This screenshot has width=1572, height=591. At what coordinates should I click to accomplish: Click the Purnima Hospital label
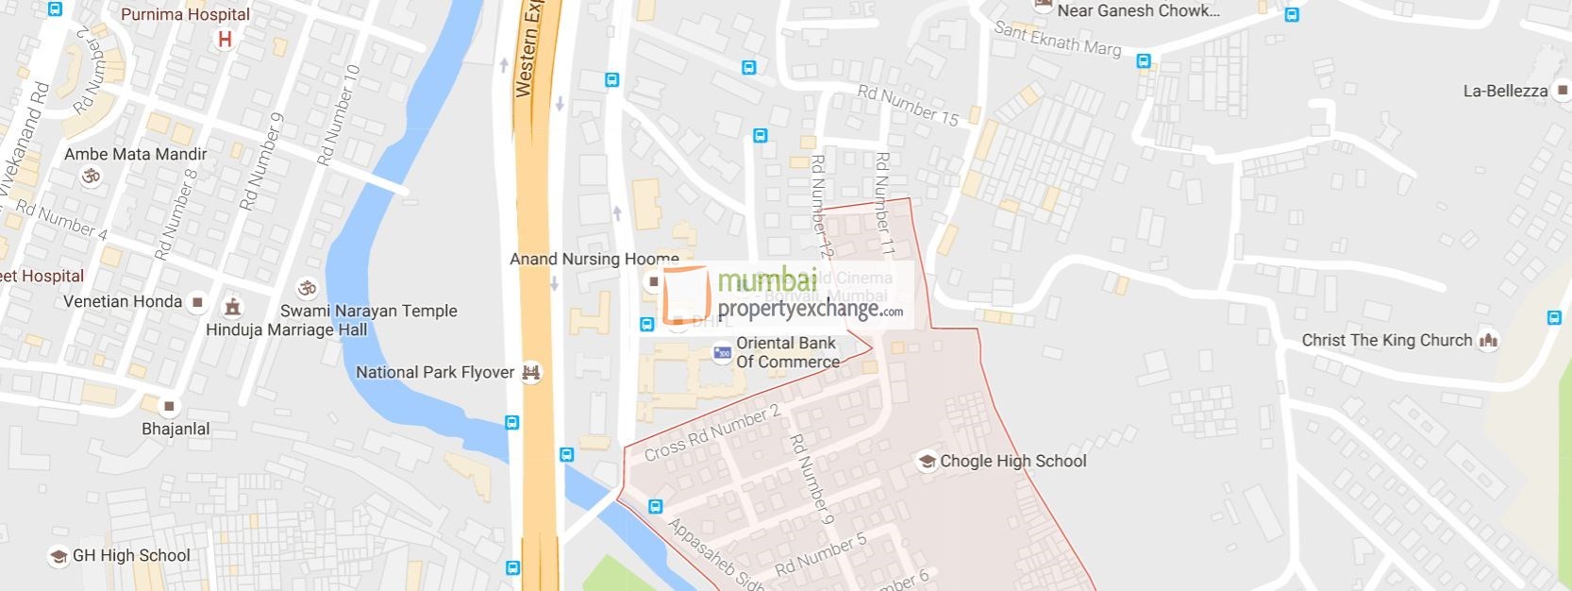coord(185,15)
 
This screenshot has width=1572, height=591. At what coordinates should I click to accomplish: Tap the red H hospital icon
coord(225,40)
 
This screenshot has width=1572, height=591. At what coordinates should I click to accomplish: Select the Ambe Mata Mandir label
coord(135,154)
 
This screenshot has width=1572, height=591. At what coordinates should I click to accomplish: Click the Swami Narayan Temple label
coord(368,311)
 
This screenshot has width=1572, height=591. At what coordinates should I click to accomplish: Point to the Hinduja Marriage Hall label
coord(273,329)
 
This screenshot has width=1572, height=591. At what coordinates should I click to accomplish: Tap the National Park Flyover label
coord(435,372)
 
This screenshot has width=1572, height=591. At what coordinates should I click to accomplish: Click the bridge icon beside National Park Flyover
coord(531,372)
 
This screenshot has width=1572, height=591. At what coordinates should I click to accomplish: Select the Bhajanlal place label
coord(176,429)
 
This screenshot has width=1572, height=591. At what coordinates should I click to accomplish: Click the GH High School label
coord(131,555)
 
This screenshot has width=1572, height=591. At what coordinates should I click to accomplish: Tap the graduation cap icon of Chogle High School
coord(927,461)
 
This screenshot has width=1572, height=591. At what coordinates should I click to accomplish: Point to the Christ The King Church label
coord(1386,340)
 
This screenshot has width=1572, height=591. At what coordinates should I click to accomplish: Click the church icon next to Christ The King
coord(1488,340)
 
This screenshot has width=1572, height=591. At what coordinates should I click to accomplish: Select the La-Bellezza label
coord(1505,91)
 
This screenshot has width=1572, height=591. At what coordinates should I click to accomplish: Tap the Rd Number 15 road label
coord(907,104)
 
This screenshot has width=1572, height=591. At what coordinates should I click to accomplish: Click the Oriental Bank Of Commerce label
coord(787,352)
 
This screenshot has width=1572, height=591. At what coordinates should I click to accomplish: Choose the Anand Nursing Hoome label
coord(594,259)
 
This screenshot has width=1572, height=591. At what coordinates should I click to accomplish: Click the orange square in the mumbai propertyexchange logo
coord(686,295)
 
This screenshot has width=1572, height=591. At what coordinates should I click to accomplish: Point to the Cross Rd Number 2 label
coord(712,432)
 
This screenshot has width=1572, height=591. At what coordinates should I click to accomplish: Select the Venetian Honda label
coord(123,301)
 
